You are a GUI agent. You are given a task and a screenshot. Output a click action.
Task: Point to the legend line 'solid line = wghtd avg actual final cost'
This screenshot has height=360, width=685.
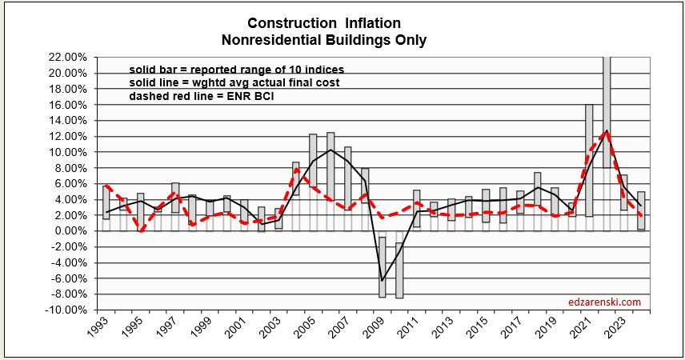point(236,83)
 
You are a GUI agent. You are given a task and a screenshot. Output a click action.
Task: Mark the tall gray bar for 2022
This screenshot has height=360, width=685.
point(607,144)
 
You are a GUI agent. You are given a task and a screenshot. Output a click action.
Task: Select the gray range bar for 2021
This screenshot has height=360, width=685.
point(589,160)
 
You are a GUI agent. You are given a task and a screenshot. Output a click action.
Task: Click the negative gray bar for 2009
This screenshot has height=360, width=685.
point(383,266)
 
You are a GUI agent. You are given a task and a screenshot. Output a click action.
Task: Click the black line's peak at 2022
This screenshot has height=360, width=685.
point(607,130)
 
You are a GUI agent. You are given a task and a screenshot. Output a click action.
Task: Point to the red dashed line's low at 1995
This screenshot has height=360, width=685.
point(141,231)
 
